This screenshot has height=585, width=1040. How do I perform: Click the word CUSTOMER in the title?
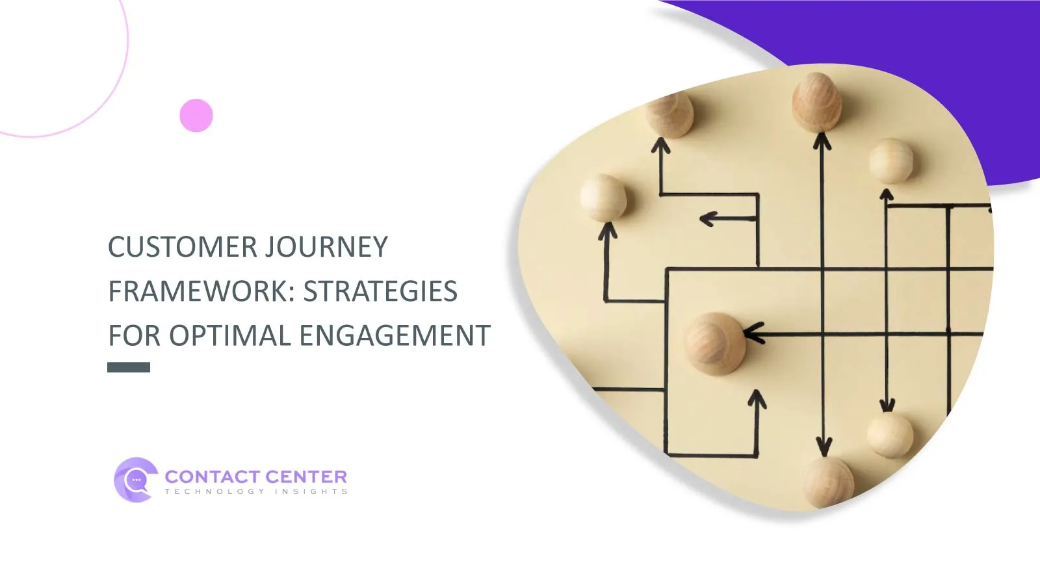[183, 246]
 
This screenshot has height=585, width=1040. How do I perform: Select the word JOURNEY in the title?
[326, 246]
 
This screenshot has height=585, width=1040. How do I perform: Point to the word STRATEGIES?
[380, 291]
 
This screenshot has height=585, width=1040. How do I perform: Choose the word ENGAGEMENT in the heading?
[395, 335]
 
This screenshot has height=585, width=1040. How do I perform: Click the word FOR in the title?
[135, 335]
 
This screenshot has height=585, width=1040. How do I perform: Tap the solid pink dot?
[196, 115]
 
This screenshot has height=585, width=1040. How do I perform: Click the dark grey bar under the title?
[129, 367]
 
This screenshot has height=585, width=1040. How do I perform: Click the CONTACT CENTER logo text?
[256, 477]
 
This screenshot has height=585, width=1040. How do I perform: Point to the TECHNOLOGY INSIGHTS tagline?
[256, 491]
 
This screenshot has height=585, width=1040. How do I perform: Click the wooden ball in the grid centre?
[716, 344]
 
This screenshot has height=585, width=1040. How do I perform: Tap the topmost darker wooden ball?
[816, 102]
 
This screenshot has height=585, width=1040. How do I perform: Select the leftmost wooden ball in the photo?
[603, 198]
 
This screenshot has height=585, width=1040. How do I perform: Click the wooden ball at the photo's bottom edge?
[828, 483]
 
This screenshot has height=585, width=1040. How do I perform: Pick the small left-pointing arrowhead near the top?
[708, 218]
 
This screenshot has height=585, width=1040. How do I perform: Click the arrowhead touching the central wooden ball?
[753, 333]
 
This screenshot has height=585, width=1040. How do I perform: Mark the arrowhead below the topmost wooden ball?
[822, 140]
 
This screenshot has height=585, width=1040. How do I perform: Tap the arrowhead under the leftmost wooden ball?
[607, 231]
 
